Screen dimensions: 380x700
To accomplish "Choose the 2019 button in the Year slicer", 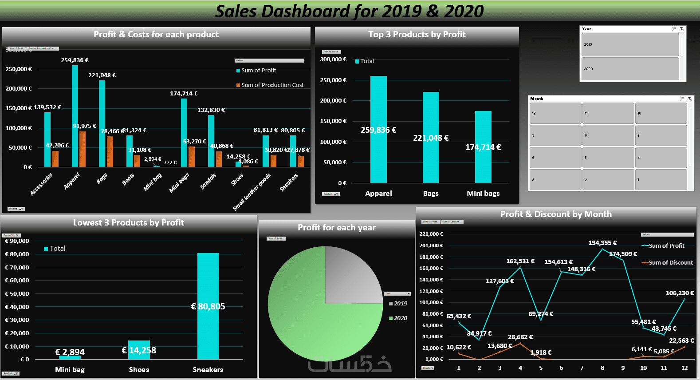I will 630,44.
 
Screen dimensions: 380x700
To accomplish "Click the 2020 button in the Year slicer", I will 630,69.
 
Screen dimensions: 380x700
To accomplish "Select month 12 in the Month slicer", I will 555,113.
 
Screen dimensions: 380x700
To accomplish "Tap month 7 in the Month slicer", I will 661,135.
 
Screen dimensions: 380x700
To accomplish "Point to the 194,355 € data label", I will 602,243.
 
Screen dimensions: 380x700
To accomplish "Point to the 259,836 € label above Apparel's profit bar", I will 75,60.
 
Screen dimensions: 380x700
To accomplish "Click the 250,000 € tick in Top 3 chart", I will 333,80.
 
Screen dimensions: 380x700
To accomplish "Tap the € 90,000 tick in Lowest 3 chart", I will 17,241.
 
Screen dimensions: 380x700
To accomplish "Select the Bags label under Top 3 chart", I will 431,194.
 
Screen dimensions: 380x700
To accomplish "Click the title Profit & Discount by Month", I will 556,214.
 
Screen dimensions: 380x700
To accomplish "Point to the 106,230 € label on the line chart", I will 680,293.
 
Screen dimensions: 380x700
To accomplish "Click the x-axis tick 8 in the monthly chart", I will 602,368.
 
